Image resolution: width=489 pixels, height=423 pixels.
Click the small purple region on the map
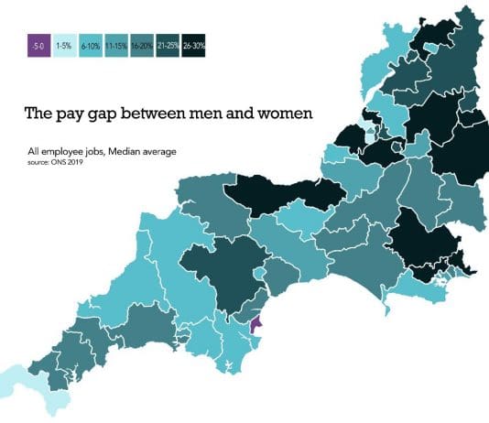tap(255, 324)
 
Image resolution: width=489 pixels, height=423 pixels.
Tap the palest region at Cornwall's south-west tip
tap(16, 380)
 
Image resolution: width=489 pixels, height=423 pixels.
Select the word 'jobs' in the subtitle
tap(96, 150)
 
